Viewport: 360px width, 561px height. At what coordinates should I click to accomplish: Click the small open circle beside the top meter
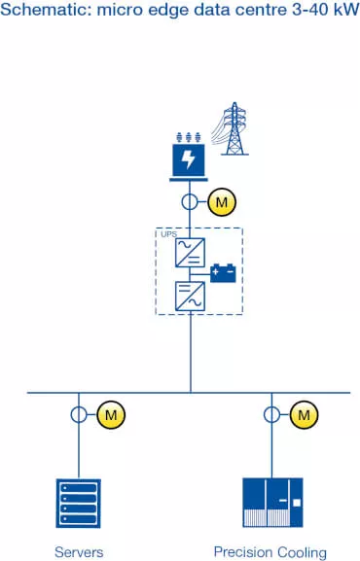(x=191, y=203)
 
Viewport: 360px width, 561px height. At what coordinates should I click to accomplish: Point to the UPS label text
(x=168, y=235)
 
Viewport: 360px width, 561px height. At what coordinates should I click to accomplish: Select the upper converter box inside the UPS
(x=190, y=254)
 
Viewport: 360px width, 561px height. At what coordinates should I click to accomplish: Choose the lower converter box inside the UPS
(x=190, y=296)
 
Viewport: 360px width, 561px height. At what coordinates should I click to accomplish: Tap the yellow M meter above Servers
(x=111, y=416)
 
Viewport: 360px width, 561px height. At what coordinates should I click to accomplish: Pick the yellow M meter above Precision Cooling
(x=306, y=416)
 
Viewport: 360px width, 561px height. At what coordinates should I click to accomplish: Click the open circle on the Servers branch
(x=78, y=416)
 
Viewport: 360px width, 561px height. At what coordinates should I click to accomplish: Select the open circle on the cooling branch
(x=272, y=416)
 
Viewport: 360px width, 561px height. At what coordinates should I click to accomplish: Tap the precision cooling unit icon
(x=272, y=502)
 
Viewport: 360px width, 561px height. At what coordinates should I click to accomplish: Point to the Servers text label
(x=79, y=551)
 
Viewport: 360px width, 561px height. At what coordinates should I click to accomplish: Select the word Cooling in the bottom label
(x=304, y=551)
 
